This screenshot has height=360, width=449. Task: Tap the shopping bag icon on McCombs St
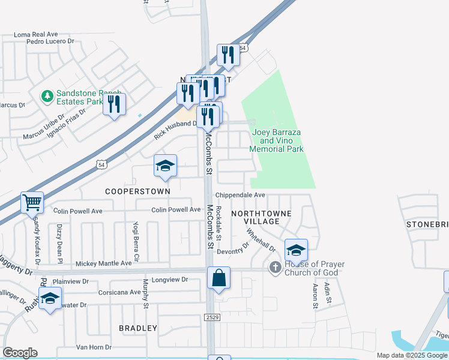point(219,278)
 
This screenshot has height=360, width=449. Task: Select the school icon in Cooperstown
point(165,166)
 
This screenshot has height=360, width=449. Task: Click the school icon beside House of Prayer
point(295,250)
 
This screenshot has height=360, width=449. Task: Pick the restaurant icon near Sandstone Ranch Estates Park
point(114,104)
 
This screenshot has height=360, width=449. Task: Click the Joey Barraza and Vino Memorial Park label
point(276,140)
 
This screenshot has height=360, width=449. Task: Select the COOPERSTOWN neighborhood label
point(137,191)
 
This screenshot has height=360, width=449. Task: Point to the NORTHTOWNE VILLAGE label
point(261,217)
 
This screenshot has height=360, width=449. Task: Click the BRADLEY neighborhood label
point(137,328)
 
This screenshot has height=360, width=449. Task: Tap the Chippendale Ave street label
point(240,195)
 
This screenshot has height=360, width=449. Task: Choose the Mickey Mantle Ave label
point(103,263)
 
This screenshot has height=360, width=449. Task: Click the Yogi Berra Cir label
point(136,241)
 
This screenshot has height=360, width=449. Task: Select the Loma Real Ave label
point(35,34)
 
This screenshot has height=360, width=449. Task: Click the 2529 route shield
point(211,317)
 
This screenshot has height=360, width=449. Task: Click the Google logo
point(20,353)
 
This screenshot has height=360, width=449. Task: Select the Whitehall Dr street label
point(268,242)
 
